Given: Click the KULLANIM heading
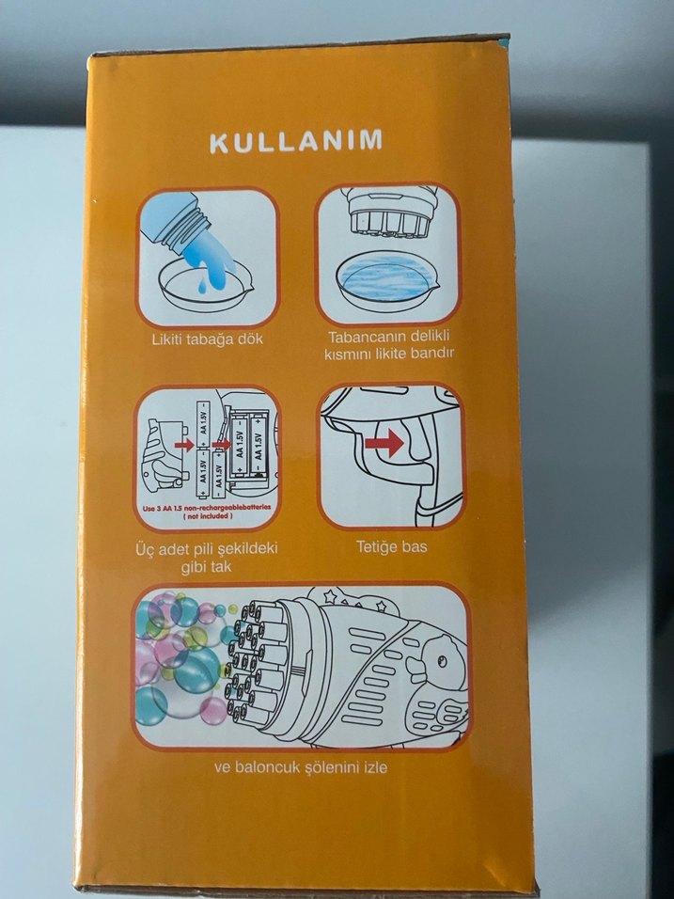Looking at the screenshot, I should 296,143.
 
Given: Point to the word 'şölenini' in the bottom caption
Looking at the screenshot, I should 323,767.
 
